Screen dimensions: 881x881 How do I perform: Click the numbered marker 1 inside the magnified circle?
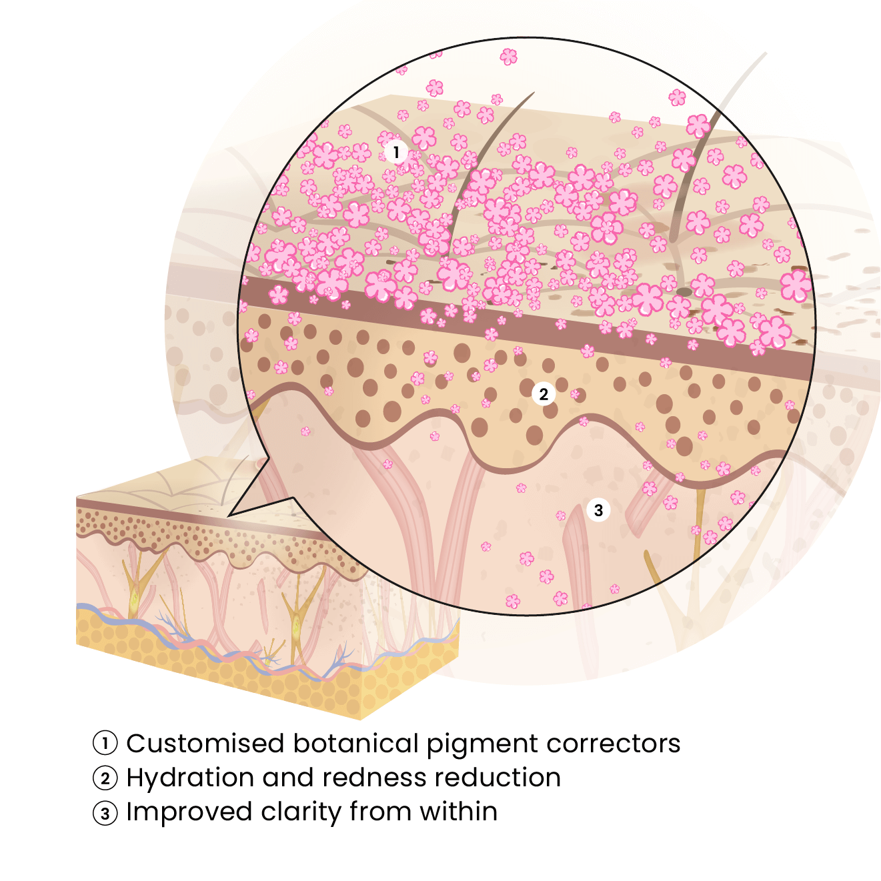tap(396, 152)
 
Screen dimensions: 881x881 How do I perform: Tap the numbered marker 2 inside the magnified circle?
tap(544, 394)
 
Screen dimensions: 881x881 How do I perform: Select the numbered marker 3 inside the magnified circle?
tap(598, 510)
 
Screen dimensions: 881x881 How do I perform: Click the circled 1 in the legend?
tap(105, 743)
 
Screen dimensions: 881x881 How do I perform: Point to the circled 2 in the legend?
tap(105, 778)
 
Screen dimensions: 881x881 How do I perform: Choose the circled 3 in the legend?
tap(105, 813)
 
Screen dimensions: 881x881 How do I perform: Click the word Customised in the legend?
tap(205, 743)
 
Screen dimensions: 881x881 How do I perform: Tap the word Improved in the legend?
tap(189, 813)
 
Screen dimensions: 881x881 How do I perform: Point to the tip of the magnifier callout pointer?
tap(229, 516)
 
